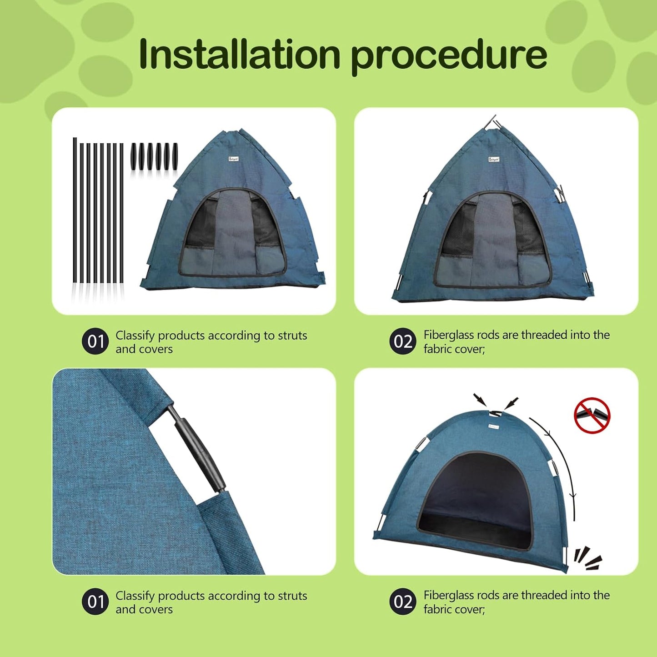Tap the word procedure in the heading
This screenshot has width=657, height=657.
point(449,55)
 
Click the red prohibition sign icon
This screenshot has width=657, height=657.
point(592,415)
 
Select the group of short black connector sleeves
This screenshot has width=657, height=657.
point(154,157)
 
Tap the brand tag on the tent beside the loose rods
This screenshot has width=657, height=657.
point(234,159)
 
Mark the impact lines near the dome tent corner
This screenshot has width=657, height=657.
point(587,558)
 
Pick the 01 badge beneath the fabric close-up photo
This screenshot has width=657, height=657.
point(95,602)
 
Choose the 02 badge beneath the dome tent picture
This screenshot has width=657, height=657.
point(402,602)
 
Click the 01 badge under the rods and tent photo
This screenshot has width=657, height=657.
point(95,341)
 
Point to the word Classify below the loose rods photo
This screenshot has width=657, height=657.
point(135,336)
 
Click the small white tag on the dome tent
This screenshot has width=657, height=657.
point(493,426)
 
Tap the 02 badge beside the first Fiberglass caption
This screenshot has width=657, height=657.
point(402,341)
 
